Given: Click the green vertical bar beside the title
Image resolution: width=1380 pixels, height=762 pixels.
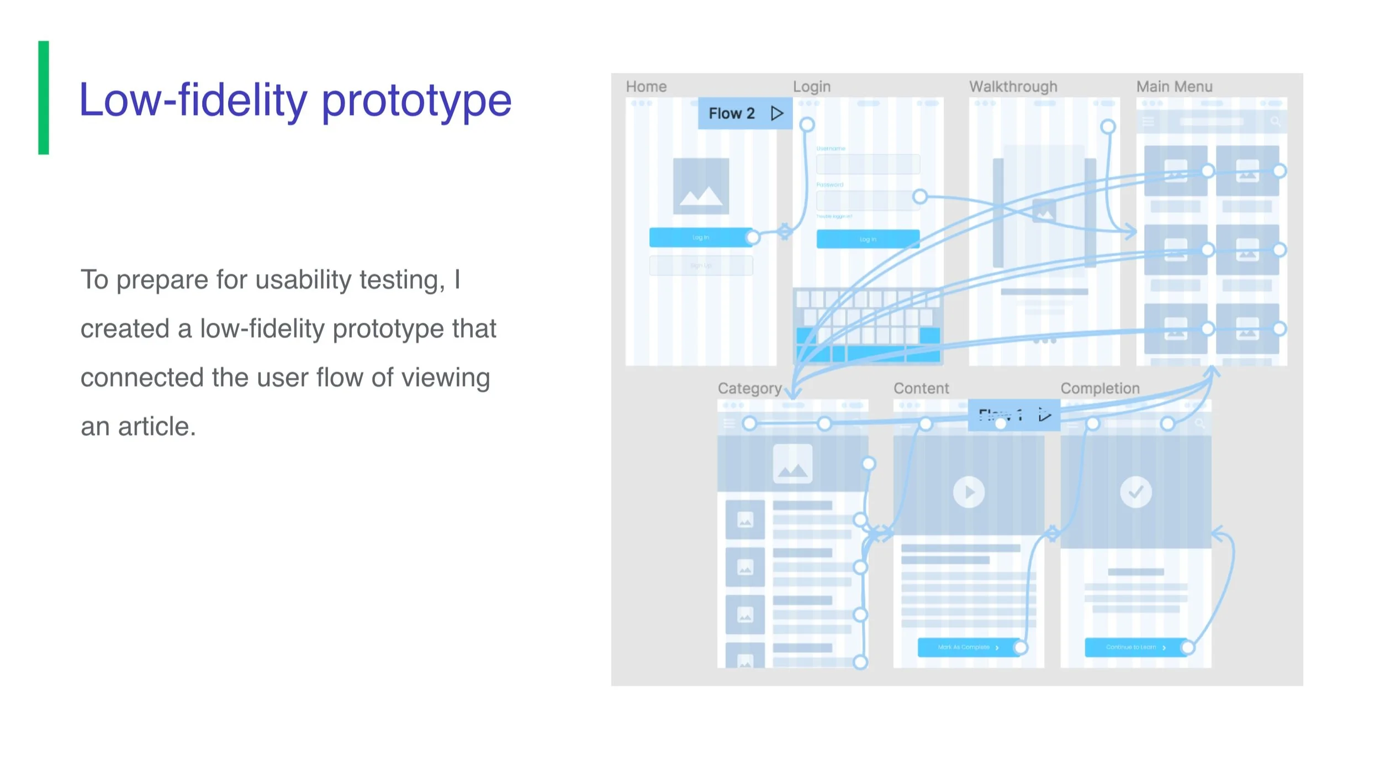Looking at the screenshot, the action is [x=43, y=97].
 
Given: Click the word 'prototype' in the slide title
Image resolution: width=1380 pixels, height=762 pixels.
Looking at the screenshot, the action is [x=416, y=101].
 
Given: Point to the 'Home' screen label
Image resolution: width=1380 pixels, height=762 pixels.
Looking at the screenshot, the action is [x=646, y=87].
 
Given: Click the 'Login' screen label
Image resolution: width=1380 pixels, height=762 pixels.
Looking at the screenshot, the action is [x=811, y=87].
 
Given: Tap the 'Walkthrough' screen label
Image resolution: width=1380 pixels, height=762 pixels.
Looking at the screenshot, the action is [x=1013, y=87].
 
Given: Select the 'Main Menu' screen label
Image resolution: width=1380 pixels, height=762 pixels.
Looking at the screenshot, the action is [x=1174, y=87].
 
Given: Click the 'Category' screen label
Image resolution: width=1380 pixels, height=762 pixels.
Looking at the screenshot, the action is [x=749, y=388].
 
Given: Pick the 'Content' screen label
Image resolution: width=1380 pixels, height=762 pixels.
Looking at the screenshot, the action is [x=921, y=388].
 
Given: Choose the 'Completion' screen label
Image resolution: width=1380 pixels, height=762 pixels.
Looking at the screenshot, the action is [x=1099, y=388].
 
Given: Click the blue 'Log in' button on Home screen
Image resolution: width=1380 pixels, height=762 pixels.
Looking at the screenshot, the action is [x=700, y=238].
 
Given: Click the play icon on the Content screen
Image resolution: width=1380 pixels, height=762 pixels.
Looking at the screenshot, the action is [x=969, y=492].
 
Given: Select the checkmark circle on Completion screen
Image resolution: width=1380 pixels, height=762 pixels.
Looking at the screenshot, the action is [x=1135, y=492].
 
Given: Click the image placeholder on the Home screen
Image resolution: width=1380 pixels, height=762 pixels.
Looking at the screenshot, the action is [x=700, y=186].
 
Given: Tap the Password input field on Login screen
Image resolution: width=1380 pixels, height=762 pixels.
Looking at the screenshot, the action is [x=868, y=200].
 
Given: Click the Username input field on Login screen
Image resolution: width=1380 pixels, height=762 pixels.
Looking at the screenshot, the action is [x=868, y=164].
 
